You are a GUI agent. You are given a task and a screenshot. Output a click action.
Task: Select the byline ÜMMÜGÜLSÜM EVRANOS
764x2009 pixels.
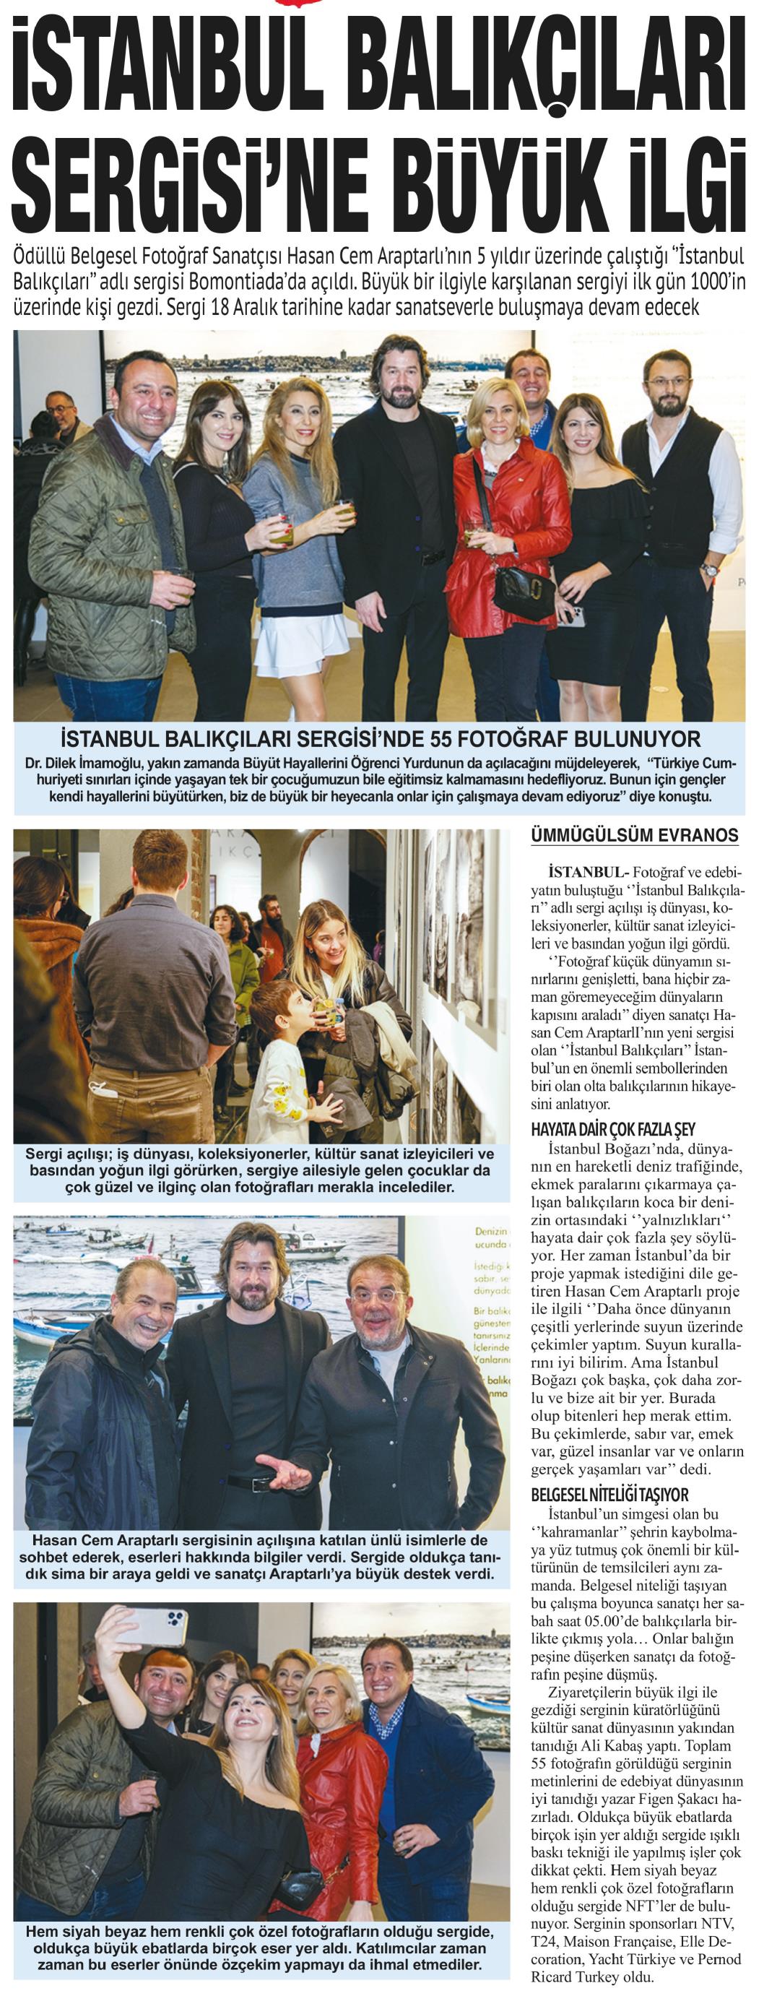(634, 834)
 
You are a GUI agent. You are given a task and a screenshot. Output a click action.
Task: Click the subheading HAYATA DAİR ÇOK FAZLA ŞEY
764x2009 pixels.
(613, 1129)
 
